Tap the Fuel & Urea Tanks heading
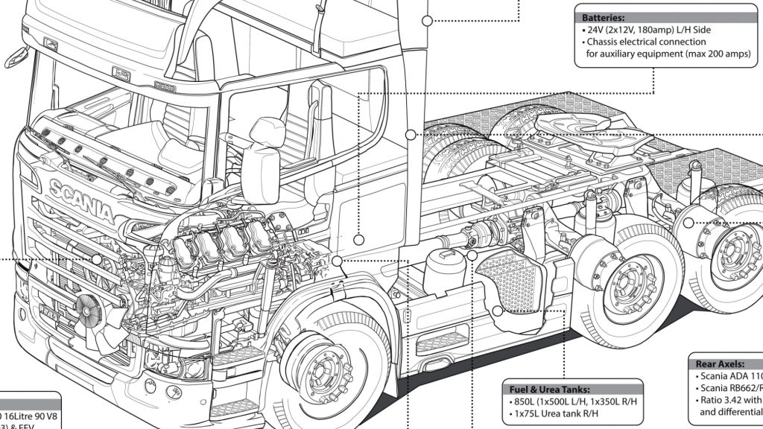coord(551,389)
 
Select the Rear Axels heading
coord(719,363)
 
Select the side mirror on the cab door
coord(262,173)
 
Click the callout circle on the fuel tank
coord(497,311)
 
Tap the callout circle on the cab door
coord(358,240)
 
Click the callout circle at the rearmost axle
coord(688,222)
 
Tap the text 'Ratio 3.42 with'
coord(730,400)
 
